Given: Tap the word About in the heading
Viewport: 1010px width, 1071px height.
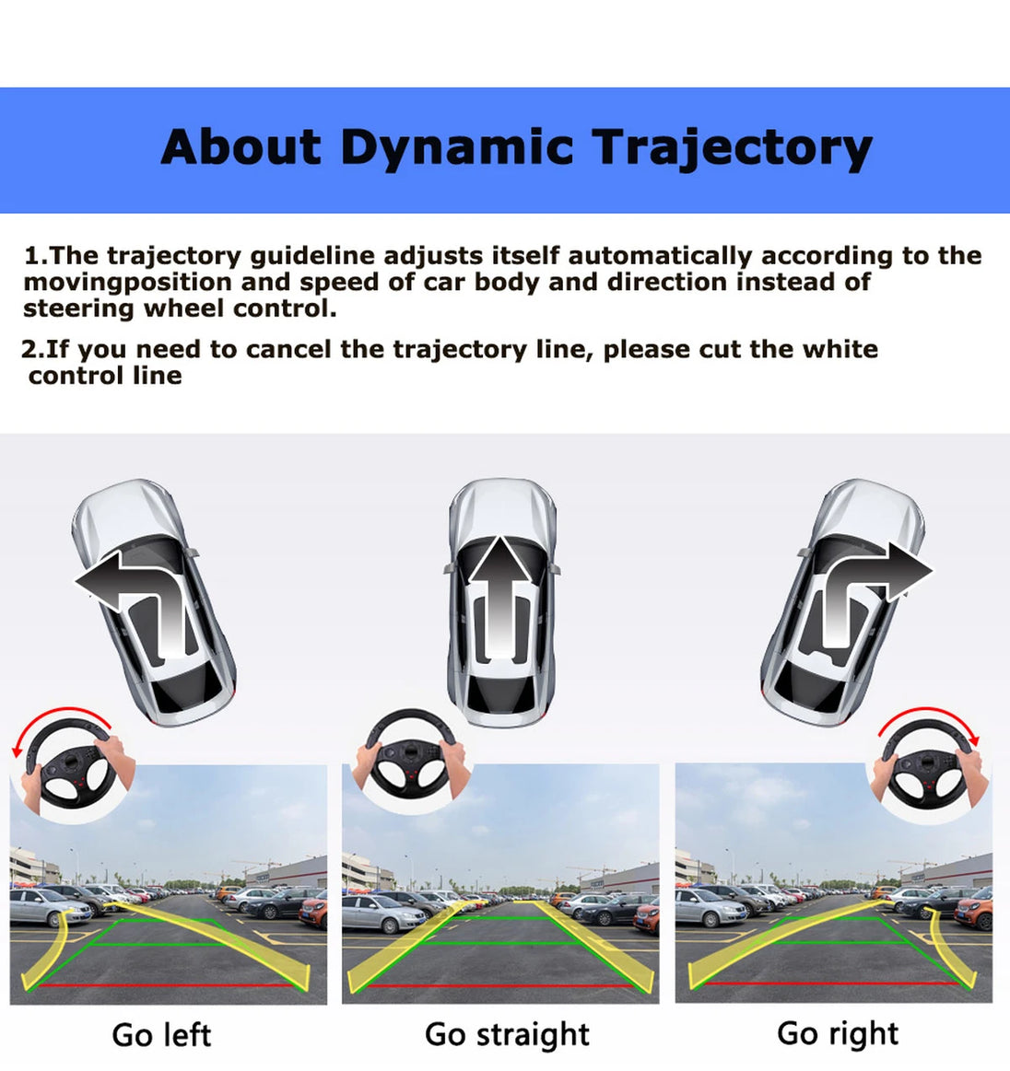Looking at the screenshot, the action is click(241, 146).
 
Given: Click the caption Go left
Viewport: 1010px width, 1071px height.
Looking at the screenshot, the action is click(161, 1035).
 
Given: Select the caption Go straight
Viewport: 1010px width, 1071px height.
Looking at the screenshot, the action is click(507, 1035).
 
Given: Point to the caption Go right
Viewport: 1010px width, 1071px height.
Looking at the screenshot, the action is click(838, 1034).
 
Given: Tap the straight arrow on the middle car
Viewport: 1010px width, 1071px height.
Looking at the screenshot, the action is click(501, 588).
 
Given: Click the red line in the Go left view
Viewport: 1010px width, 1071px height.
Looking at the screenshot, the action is click(168, 985).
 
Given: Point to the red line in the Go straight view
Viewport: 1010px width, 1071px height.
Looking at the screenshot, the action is click(499, 986).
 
